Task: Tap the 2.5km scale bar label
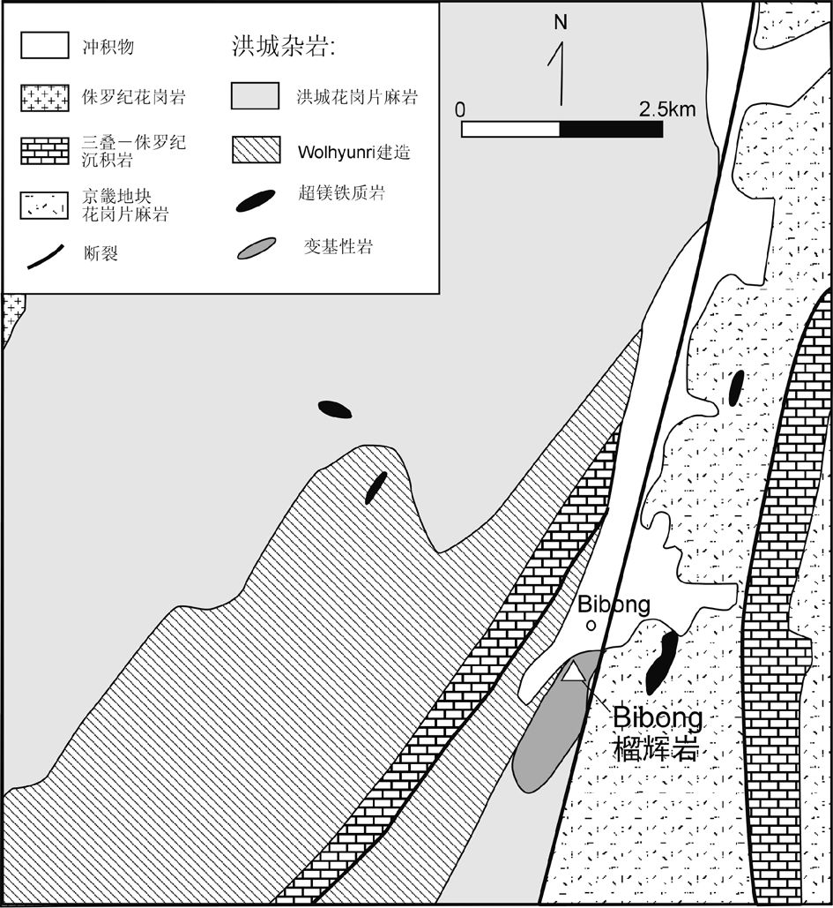(667, 109)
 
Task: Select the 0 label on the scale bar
(460, 109)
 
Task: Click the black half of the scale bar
(611, 129)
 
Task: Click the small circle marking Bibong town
(591, 626)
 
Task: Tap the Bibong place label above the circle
(614, 604)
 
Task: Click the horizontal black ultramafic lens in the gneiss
(335, 409)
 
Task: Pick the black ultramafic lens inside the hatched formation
(376, 487)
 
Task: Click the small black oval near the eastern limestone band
(736, 388)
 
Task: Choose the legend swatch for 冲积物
(43, 47)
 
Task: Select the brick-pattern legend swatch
(43, 150)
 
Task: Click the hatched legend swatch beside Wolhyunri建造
(256, 149)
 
